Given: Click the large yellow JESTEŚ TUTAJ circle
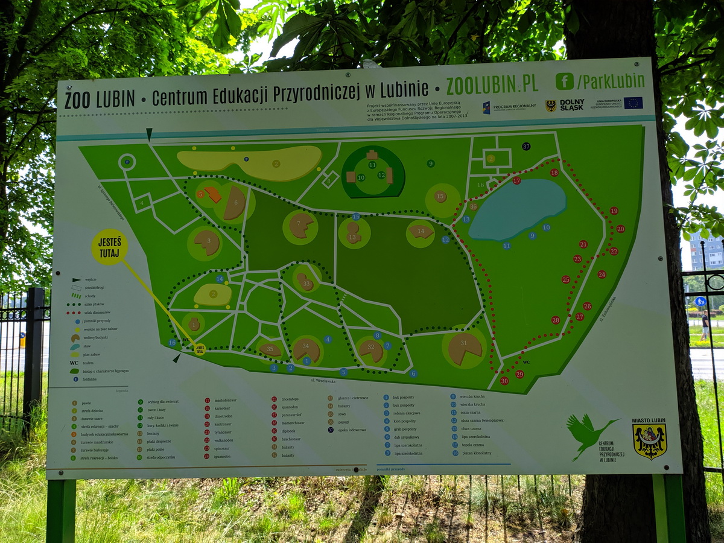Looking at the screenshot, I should pyautogui.click(x=109, y=247).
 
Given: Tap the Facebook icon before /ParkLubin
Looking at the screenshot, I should pyautogui.click(x=565, y=81).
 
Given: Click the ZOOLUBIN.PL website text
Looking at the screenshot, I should pyautogui.click(x=492, y=84).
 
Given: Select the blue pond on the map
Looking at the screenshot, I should pyautogui.click(x=517, y=208).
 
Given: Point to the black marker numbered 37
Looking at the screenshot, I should pyautogui.click(x=526, y=146).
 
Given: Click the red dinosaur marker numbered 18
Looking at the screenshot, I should pyautogui.click(x=554, y=173).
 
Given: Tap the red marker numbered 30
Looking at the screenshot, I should pyautogui.click(x=504, y=381).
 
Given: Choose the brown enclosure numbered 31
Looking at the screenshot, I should pyautogui.click(x=465, y=348).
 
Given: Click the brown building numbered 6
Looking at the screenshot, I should pyautogui.click(x=234, y=204).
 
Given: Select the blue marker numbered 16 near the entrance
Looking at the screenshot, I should pyautogui.click(x=172, y=343).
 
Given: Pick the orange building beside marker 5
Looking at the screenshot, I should pyautogui.click(x=212, y=194).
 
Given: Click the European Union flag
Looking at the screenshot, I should pyautogui.click(x=633, y=103).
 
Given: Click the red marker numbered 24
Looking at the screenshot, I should pyautogui.click(x=602, y=274).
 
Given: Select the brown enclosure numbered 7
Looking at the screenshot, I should pyautogui.click(x=300, y=226).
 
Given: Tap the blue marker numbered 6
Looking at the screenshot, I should pyautogui.click(x=413, y=373).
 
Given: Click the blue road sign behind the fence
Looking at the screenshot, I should pyautogui.click(x=700, y=301).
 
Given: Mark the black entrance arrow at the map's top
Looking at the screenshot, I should pyautogui.click(x=149, y=135).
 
